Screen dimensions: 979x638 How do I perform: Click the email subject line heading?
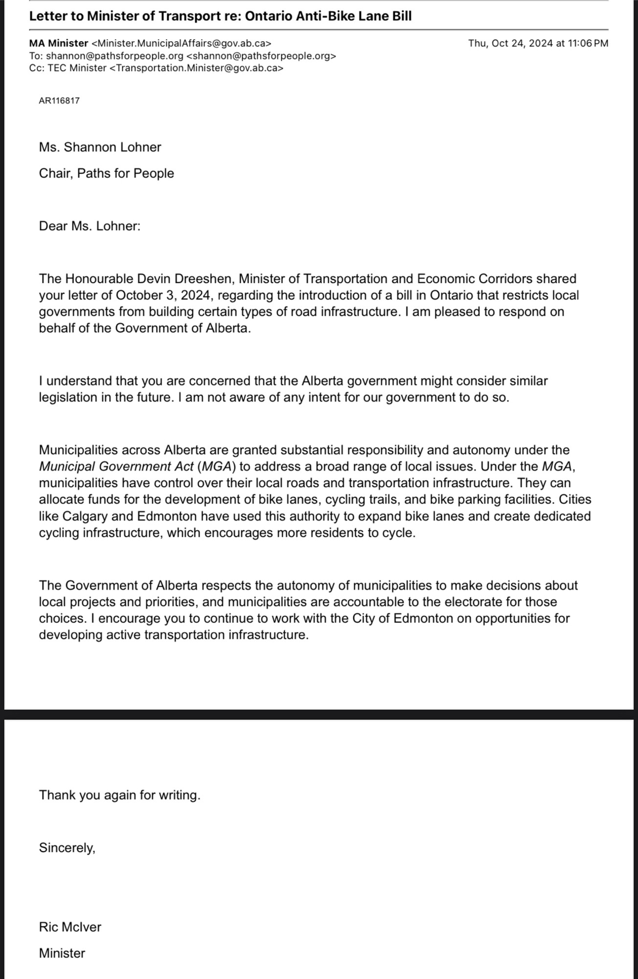(x=220, y=16)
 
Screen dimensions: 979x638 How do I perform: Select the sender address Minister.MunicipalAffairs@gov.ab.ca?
(x=182, y=43)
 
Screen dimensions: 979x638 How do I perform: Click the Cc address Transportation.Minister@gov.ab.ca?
(x=195, y=68)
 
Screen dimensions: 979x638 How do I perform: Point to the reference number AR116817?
(x=59, y=101)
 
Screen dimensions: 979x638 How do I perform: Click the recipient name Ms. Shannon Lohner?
(x=100, y=147)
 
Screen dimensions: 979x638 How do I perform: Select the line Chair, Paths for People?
(x=106, y=174)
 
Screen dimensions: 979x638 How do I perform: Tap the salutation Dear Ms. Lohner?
(x=90, y=226)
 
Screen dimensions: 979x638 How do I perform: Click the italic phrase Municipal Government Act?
(x=116, y=466)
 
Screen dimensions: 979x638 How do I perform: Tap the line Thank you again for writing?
(x=120, y=795)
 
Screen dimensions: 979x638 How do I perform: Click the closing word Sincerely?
(x=67, y=848)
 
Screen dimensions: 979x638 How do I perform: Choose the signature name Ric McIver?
(x=70, y=927)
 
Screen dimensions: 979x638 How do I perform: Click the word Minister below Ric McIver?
(x=62, y=953)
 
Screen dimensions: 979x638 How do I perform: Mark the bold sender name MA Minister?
(x=59, y=43)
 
